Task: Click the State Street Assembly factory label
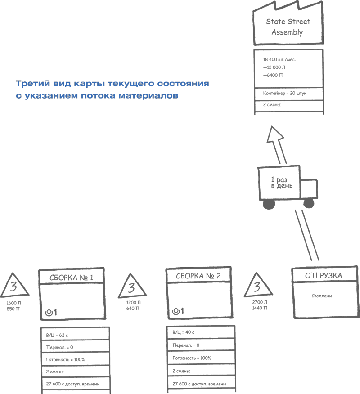[288, 27]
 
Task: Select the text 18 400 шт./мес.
[279, 59]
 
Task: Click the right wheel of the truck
[309, 203]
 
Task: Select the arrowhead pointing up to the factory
[275, 135]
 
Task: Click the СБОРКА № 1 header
[72, 277]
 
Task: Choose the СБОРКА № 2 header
[198, 276]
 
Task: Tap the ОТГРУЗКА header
[323, 275]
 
